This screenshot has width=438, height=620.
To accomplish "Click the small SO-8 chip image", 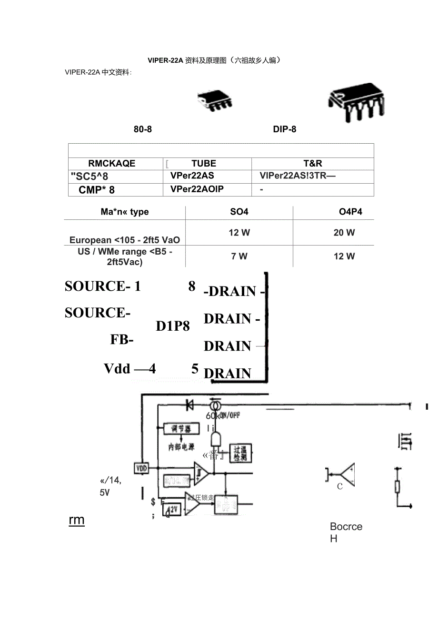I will [215, 101].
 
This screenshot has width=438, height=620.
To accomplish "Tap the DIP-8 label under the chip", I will [285, 129].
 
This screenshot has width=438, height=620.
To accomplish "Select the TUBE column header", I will [204, 163].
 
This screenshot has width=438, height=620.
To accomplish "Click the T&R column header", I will [313, 163].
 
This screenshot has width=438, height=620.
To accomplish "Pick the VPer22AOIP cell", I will [197, 189].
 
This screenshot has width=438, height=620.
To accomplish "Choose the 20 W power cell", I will [344, 233].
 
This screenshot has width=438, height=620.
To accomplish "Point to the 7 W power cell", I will [239, 256].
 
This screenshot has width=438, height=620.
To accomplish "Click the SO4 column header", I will [239, 212].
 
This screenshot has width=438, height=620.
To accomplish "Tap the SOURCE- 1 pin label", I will [103, 286].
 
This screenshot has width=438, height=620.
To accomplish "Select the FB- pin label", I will [122, 340].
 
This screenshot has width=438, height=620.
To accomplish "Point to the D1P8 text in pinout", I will [173, 326].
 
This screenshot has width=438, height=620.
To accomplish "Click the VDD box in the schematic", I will [141, 468].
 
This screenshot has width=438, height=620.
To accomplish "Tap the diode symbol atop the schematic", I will [189, 405].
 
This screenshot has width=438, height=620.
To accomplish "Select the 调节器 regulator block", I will [180, 429].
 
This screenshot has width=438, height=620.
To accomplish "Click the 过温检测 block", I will [240, 453].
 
